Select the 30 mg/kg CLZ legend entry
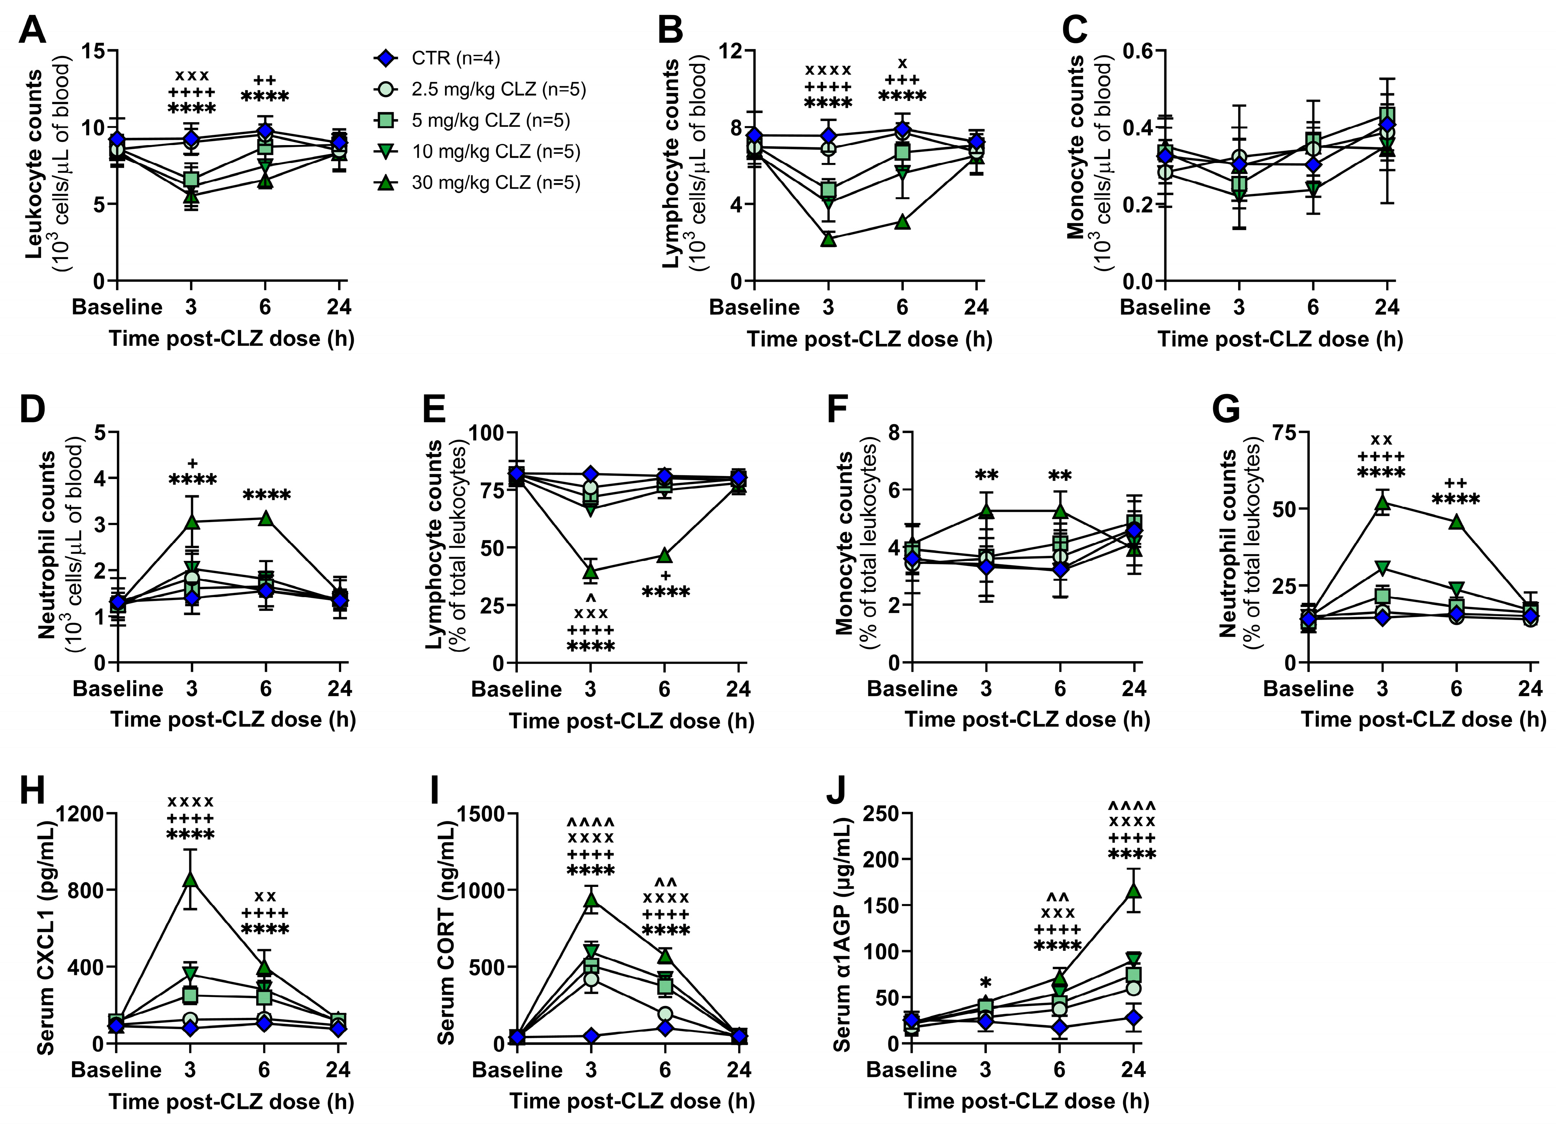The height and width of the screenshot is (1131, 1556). pos(494,182)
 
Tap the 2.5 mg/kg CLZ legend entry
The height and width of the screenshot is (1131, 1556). pos(497,89)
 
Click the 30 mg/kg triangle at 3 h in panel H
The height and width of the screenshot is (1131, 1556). pos(190,880)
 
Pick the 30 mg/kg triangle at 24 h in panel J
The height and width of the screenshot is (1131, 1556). pos(1133,890)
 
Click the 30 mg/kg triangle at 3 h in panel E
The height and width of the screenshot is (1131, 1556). pos(590,571)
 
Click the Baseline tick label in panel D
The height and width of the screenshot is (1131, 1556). pos(118,689)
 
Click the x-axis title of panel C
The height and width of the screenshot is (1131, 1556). pos(1280,339)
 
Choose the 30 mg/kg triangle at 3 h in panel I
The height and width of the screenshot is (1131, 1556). pos(590,900)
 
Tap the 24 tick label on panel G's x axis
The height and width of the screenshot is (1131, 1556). pos(1530,689)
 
